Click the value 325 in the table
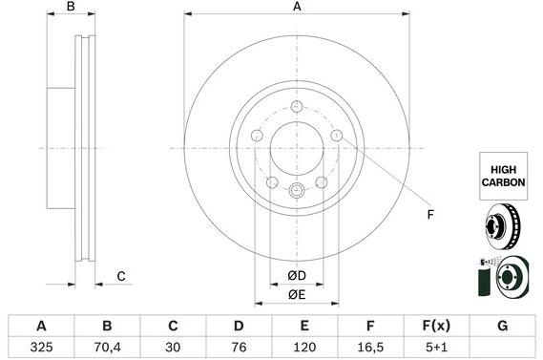tap(41, 347)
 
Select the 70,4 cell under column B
tap(107, 347)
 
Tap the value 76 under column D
tap(239, 347)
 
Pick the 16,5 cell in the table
tap(370, 347)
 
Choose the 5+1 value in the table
tap(436, 347)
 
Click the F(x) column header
tap(436, 326)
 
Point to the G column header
tap(502, 326)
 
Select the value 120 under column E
tap(304, 347)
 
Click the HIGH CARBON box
tap(503, 176)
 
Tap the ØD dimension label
tap(297, 276)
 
